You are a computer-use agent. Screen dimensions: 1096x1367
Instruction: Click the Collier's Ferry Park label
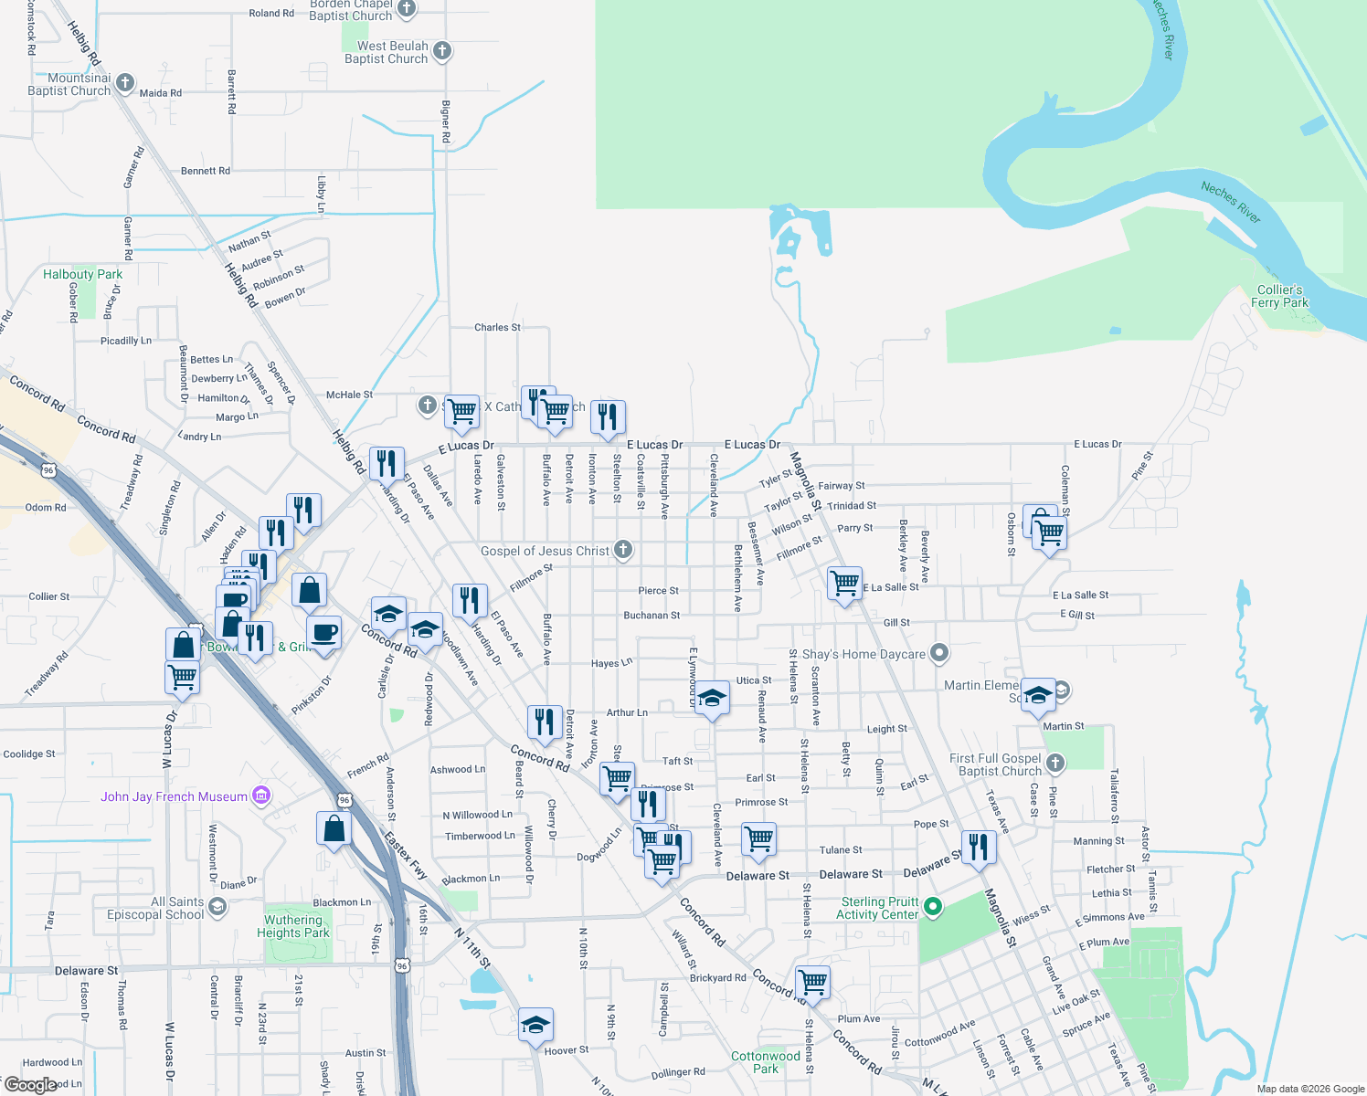[1279, 296]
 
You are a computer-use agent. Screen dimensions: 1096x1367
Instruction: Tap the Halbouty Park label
[82, 274]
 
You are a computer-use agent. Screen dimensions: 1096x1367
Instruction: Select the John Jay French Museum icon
[261, 796]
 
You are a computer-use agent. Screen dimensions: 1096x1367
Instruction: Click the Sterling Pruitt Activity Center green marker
[933, 907]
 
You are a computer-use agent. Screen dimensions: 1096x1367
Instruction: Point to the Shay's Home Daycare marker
[939, 653]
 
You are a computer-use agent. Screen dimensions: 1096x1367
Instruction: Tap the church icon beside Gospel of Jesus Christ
[622, 550]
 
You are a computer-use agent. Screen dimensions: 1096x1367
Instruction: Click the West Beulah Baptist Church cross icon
[442, 51]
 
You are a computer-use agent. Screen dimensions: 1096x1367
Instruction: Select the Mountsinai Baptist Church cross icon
[125, 83]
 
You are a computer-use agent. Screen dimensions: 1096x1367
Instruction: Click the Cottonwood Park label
[766, 1062]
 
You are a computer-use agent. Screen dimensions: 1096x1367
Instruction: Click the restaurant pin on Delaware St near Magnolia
[978, 846]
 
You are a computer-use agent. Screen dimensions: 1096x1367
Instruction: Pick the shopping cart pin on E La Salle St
[844, 581]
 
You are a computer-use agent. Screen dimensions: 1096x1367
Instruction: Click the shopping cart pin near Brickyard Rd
[812, 982]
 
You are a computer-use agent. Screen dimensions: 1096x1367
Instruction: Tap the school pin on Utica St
[712, 699]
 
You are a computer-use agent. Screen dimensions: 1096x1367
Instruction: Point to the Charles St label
[497, 327]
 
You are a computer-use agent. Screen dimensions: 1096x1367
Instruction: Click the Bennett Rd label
[205, 171]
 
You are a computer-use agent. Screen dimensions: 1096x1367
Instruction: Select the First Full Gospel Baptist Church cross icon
[1055, 763]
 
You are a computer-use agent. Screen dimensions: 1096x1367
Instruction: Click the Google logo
[30, 1085]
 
